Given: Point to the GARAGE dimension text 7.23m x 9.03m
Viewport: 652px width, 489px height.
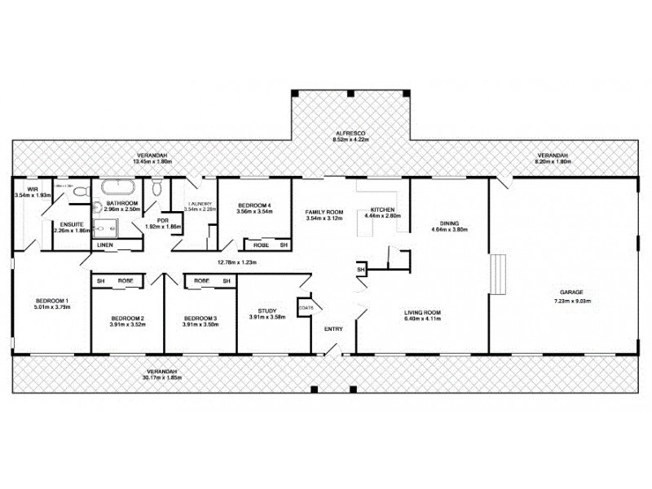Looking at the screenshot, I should click(x=570, y=301).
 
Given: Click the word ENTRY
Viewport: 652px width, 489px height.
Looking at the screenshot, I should click(x=334, y=329).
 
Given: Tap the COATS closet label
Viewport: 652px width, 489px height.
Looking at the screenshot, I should click(x=306, y=307).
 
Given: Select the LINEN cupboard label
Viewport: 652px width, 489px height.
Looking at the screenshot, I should click(x=105, y=244).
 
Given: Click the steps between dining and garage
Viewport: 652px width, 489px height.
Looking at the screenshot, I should click(x=497, y=273).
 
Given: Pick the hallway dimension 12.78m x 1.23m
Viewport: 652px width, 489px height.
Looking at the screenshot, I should click(x=237, y=262).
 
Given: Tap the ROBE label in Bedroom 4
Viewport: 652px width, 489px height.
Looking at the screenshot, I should click(x=261, y=244).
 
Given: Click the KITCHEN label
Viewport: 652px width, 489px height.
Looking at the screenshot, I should click(x=382, y=209).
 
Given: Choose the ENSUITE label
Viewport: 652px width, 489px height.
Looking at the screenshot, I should click(x=68, y=224).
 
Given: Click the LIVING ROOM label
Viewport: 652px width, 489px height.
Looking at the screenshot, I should click(x=423, y=312).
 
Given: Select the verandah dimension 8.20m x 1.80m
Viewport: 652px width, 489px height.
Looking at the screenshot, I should click(x=553, y=161).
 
